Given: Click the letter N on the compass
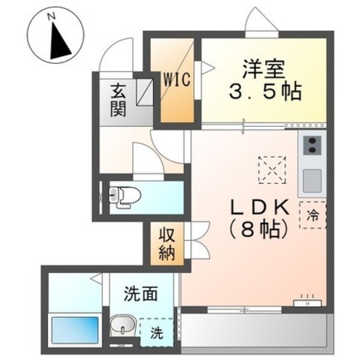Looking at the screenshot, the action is [x=52, y=16].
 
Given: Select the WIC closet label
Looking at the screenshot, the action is [x=177, y=79].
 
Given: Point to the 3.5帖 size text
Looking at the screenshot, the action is [x=265, y=91].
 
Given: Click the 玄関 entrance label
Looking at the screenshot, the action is [x=118, y=100].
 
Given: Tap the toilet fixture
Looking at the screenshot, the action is [x=125, y=197].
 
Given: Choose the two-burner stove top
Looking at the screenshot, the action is [x=312, y=145].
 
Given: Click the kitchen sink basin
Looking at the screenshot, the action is [x=312, y=181].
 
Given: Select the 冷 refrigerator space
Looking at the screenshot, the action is [x=313, y=215].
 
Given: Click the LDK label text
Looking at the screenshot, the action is [x=259, y=208].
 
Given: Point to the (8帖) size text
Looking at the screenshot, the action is [x=257, y=229].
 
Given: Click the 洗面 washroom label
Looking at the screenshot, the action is [x=141, y=294].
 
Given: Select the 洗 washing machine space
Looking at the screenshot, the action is [x=157, y=332].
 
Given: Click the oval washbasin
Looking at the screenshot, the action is [x=123, y=325].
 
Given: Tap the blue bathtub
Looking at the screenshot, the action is [x=75, y=330].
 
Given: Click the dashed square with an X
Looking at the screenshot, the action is [x=272, y=170].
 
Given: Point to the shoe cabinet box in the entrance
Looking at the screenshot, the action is [x=145, y=91].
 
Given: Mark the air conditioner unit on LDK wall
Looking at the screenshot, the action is [x=307, y=303].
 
